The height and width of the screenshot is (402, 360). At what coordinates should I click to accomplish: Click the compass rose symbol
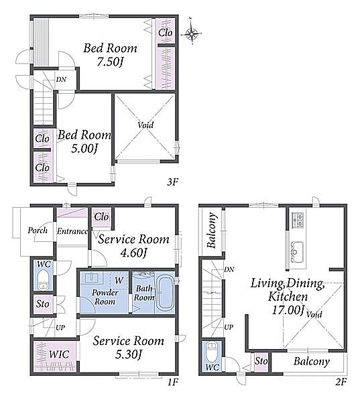[192, 33]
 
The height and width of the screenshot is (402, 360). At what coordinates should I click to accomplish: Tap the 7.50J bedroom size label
[110, 62]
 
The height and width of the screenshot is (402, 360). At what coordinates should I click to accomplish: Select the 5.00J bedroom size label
[84, 149]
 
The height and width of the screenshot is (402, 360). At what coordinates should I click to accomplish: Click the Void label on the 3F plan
[145, 125]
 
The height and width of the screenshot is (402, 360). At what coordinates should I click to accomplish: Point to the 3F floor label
[172, 182]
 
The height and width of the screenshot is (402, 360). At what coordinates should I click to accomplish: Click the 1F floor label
[172, 383]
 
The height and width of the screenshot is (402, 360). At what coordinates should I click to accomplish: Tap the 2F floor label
[341, 382]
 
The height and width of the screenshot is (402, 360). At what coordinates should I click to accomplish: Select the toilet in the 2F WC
[212, 352]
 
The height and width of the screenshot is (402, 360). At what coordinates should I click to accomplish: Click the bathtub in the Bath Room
[164, 292]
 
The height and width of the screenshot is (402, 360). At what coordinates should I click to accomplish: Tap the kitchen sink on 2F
[296, 252]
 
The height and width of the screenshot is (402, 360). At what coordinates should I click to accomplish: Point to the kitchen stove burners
[298, 220]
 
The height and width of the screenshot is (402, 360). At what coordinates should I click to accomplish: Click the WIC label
[59, 354]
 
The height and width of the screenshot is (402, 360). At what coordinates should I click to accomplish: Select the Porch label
[38, 230]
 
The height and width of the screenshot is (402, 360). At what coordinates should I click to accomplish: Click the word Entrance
[72, 231]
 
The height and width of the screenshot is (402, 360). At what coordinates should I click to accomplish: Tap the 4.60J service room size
[133, 253]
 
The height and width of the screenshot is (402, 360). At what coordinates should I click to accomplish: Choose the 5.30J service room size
[128, 354]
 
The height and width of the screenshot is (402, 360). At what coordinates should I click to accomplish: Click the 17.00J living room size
[288, 310]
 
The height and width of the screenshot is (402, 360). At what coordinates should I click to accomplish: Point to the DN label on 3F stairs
[61, 80]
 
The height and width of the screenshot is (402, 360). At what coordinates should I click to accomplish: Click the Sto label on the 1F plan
[42, 304]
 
